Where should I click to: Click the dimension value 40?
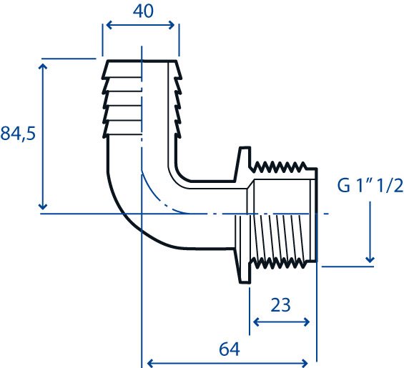click(x=143, y=11)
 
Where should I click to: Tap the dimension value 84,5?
click(x=18, y=134)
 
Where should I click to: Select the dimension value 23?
click(x=280, y=305)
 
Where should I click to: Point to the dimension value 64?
click(x=230, y=349)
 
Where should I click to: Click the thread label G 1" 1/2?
click(x=370, y=186)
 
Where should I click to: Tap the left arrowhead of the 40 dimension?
click(x=109, y=25)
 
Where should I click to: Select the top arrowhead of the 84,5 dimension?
click(x=43, y=66)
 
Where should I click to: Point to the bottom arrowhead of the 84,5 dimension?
click(x=43, y=206)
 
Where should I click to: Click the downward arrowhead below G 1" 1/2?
click(x=370, y=259)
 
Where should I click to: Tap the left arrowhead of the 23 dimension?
click(x=256, y=322)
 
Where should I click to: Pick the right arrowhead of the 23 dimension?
click(x=307, y=322)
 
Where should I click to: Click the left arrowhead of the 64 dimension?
click(x=149, y=364)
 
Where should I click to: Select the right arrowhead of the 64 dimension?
click(x=305, y=364)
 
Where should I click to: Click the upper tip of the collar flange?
click(x=245, y=148)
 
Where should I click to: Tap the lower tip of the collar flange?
click(x=245, y=282)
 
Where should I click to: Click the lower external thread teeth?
click(x=278, y=263)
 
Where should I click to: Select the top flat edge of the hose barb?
click(x=142, y=61)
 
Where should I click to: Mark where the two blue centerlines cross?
click(x=142, y=214)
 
